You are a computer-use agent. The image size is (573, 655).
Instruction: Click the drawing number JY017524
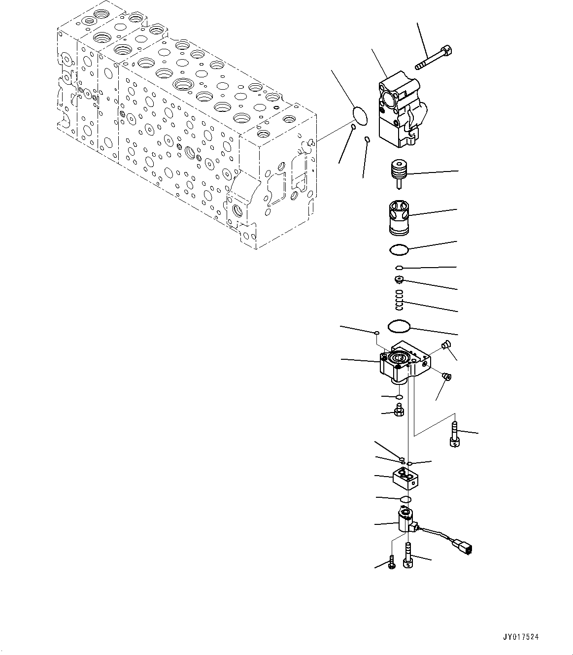521,637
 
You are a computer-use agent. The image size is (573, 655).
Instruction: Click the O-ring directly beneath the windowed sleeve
398,250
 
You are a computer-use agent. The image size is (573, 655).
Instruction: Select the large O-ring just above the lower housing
398,326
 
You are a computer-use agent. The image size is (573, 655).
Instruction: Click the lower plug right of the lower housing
447,377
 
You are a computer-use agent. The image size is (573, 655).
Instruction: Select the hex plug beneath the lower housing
399,410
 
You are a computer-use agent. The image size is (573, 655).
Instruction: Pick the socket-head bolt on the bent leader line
454,435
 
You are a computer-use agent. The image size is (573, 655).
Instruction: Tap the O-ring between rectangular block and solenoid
405,500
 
